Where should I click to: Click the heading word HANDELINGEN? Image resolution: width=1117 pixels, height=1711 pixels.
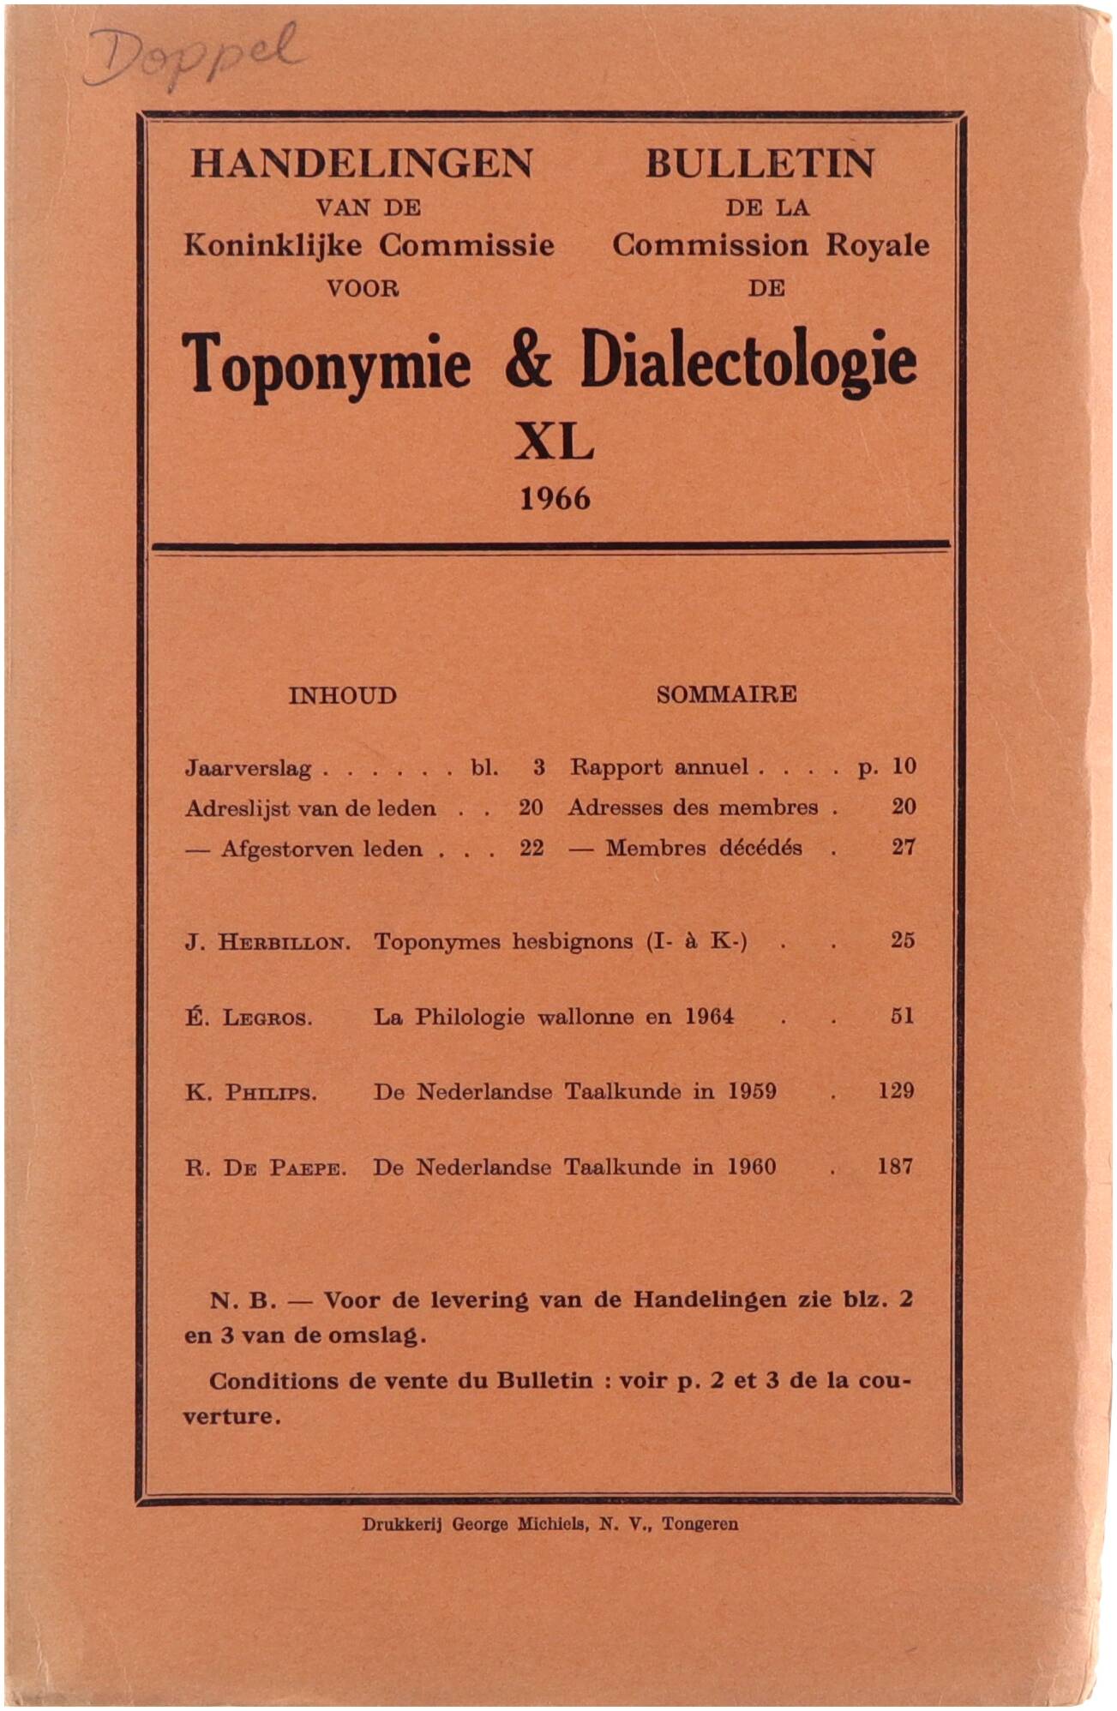(362, 163)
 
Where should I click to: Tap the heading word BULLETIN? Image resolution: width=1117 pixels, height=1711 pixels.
(760, 163)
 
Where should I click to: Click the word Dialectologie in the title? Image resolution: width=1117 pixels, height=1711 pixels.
(748, 363)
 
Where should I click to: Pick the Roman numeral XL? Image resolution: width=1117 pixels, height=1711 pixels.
(554, 443)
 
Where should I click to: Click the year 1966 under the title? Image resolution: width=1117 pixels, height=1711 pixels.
(555, 498)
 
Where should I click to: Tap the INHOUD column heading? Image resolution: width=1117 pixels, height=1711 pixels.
(342, 695)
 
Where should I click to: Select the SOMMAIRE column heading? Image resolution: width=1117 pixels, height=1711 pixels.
(726, 694)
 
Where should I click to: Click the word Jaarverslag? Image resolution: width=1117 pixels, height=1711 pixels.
(248, 768)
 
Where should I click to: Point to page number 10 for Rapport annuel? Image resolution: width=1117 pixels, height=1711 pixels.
(904, 766)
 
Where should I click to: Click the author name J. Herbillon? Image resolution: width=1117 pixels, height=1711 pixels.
(267, 943)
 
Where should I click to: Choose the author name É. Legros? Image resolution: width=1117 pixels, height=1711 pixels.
(249, 1018)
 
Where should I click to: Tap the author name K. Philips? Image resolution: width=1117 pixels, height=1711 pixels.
(250, 1093)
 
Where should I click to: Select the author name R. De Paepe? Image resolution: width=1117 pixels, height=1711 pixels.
(266, 1168)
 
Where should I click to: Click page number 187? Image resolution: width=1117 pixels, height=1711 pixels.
(894, 1166)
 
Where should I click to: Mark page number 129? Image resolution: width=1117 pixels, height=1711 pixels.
(895, 1090)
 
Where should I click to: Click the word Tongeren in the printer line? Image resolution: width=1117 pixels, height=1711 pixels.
(700, 1524)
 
